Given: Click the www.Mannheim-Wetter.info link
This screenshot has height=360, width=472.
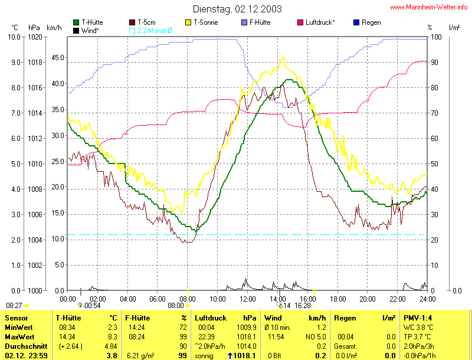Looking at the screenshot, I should pyautogui.click(x=431, y=7).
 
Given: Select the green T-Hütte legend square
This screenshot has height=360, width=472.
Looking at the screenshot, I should pyautogui.click(x=76, y=22).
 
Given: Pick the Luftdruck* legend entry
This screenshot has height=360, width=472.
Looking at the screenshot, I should pyautogui.click(x=320, y=22).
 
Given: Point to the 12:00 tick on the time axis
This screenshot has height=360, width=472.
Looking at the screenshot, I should pyautogui.click(x=248, y=298).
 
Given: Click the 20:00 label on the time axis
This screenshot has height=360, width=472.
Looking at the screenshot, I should pyautogui.click(x=367, y=298).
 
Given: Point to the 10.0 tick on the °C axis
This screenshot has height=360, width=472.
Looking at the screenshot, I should pyautogui.click(x=14, y=37).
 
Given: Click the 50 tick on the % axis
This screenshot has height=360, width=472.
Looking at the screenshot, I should pyautogui.click(x=434, y=163).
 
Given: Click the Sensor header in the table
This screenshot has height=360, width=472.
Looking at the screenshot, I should pyautogui.click(x=17, y=318).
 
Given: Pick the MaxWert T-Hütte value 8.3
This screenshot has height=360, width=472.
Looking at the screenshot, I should pyautogui.click(x=113, y=336).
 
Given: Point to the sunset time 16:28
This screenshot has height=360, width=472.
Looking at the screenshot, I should pyautogui.click(x=303, y=306).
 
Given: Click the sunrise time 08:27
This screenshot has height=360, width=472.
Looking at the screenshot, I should pyautogui.click(x=14, y=306).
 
